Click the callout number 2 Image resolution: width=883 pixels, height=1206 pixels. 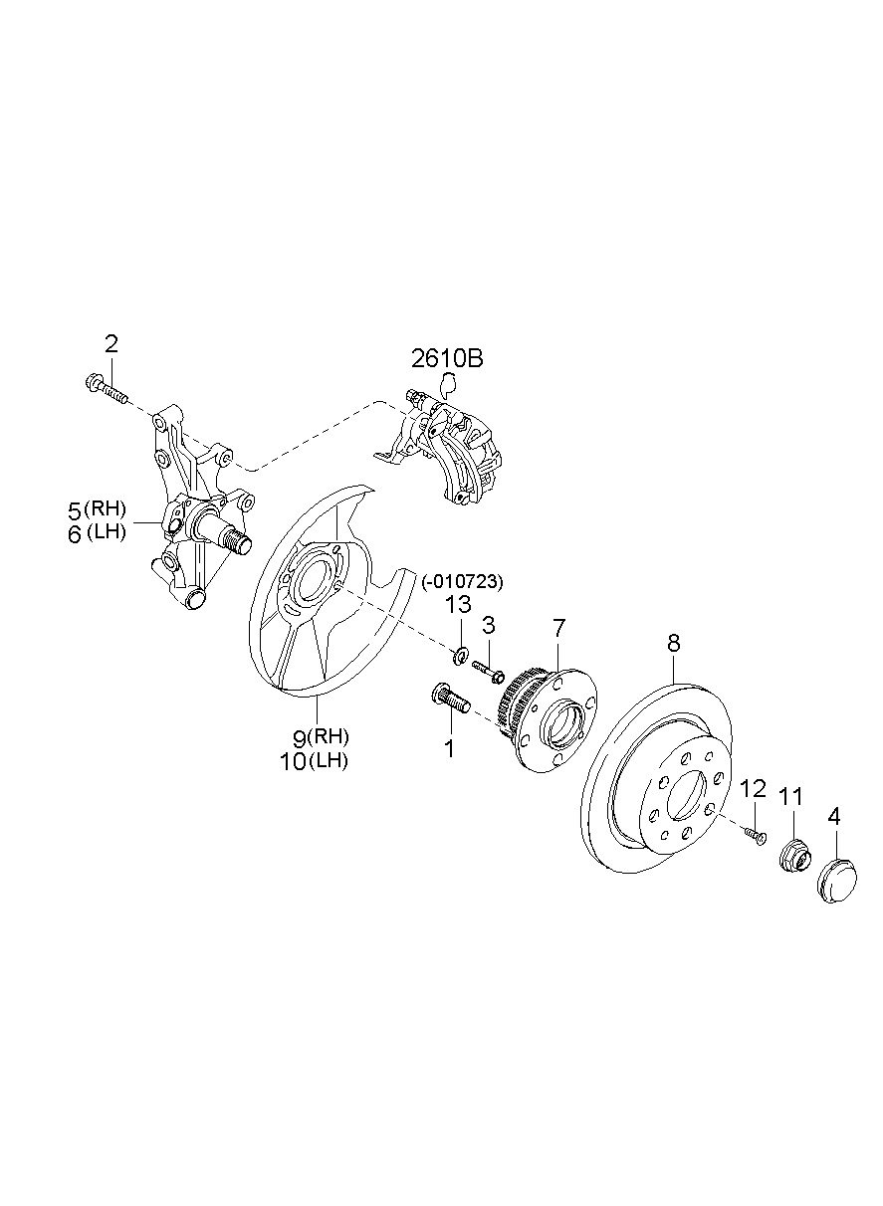pyautogui.click(x=110, y=344)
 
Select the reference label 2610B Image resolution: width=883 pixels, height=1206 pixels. pyautogui.click(x=447, y=358)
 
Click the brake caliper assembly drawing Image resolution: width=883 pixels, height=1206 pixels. pyautogui.click(x=438, y=450)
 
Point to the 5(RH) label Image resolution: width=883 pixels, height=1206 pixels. pyautogui.click(x=97, y=509)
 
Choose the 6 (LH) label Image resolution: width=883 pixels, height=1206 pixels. pyautogui.click(x=97, y=533)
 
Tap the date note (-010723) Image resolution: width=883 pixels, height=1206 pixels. pyautogui.click(x=462, y=582)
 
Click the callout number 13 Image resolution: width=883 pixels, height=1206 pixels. pyautogui.click(x=457, y=605)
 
